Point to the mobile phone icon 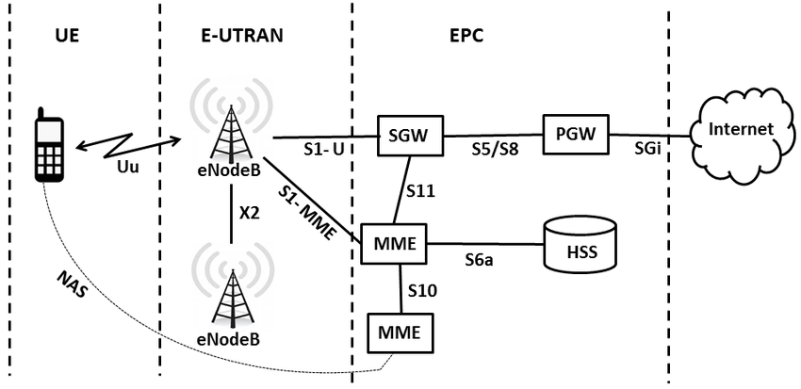click(48, 146)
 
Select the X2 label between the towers click(249, 214)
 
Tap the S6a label click(481, 259)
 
